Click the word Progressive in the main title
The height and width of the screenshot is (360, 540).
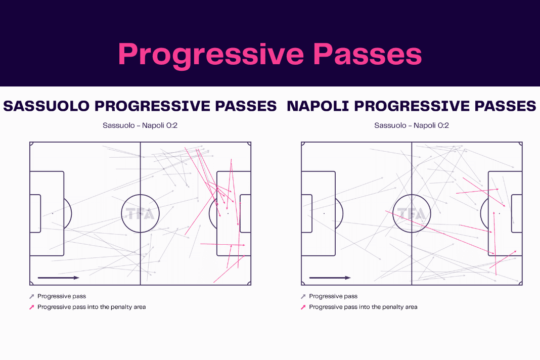click(211, 55)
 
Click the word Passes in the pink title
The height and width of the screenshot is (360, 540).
click(368, 54)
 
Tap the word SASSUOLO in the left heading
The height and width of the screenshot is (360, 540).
click(46, 106)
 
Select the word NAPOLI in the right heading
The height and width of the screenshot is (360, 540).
click(318, 106)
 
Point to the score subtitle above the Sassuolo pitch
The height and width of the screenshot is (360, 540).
click(140, 125)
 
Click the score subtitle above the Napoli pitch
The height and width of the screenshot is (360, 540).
click(412, 125)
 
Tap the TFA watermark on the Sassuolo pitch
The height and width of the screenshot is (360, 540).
click(140, 214)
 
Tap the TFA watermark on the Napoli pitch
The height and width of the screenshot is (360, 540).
click(412, 214)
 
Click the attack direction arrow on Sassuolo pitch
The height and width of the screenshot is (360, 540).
click(59, 278)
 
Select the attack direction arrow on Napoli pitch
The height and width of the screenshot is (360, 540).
click(330, 278)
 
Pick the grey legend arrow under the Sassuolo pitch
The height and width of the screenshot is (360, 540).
click(32, 296)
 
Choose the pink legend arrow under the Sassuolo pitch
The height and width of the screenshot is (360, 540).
click(32, 307)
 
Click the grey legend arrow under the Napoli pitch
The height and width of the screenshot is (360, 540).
click(303, 296)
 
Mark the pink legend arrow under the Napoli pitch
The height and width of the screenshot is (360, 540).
click(303, 307)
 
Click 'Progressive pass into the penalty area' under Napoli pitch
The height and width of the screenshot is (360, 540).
click(363, 307)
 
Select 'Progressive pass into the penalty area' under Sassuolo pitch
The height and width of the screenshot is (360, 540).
click(92, 307)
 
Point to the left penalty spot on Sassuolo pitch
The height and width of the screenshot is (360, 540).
click(53, 213)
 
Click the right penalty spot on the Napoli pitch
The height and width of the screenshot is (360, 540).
click(500, 213)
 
